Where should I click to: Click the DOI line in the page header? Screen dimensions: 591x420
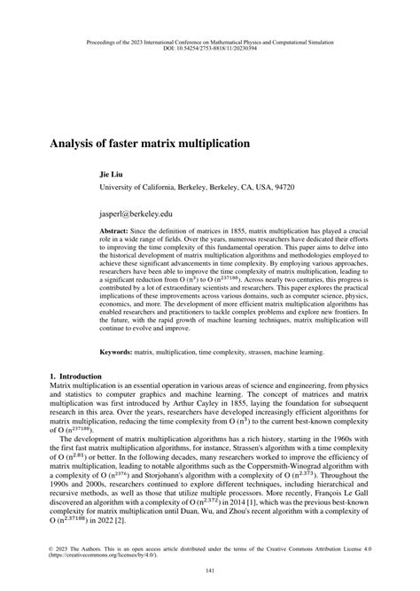210,48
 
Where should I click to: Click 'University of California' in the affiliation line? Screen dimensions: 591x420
146,189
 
